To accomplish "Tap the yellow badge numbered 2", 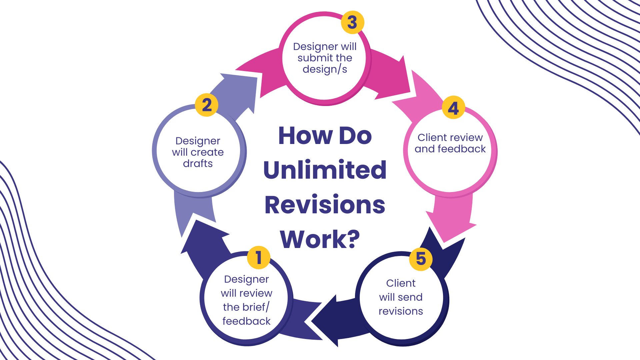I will click(207, 105).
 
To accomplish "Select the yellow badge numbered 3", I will click(352, 22).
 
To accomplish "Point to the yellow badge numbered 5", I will click(421, 259).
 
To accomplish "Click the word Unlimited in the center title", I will click(325, 170).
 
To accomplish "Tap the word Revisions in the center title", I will click(325, 205).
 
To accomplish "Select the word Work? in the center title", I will click(320, 239).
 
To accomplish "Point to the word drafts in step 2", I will click(198, 164).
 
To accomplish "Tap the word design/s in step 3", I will click(325, 69).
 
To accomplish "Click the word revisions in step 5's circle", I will click(401, 311).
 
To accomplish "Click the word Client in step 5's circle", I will click(401, 283).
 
